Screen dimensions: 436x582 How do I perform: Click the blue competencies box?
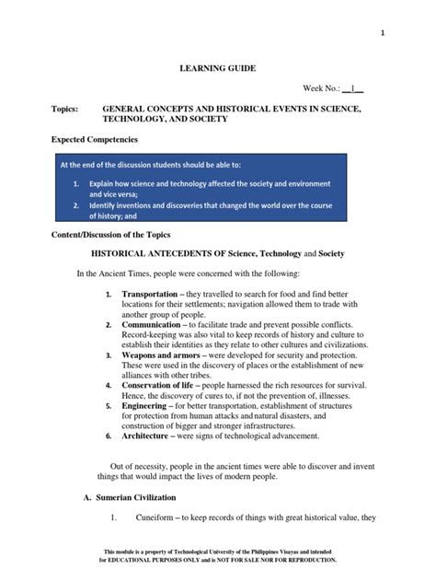click(x=200, y=190)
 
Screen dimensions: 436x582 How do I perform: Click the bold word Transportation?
click(x=153, y=293)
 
